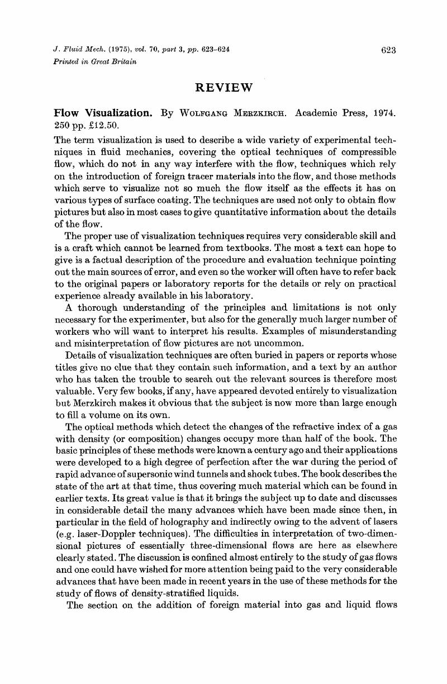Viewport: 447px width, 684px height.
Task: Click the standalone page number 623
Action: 388,50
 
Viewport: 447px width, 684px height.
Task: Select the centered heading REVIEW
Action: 224,87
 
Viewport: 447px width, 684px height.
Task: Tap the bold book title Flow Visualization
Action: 103,113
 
